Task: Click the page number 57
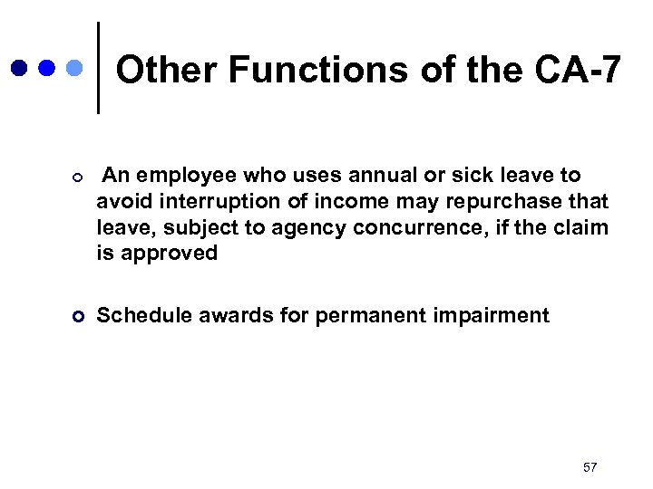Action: point(590,466)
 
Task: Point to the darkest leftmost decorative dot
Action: point(20,68)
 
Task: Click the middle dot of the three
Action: point(47,68)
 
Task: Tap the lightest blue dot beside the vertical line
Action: point(75,68)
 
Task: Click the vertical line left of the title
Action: point(98,68)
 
